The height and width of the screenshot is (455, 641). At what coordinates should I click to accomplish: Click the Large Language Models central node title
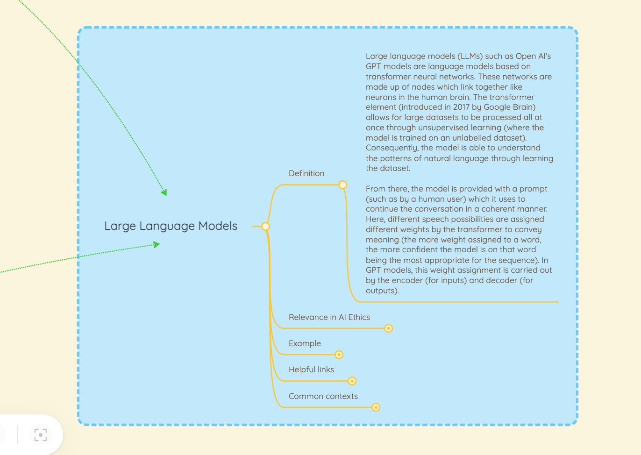pyautogui.click(x=171, y=226)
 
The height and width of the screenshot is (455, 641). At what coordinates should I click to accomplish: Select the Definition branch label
pyautogui.click(x=306, y=173)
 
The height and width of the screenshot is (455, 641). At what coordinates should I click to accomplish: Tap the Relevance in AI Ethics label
pyautogui.click(x=329, y=317)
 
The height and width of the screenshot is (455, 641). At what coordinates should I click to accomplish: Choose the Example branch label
pyautogui.click(x=305, y=343)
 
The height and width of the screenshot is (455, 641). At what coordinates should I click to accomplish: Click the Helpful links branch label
pyautogui.click(x=311, y=370)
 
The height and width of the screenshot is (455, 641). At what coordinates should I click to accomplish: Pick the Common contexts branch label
pyautogui.click(x=323, y=396)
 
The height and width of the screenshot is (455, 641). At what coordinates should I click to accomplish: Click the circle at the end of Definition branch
pyautogui.click(x=342, y=185)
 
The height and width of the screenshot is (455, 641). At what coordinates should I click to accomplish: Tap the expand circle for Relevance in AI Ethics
pyautogui.click(x=388, y=328)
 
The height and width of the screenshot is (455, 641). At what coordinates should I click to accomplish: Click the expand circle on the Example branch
pyautogui.click(x=339, y=355)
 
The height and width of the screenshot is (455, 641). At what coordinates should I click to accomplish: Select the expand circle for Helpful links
pyautogui.click(x=352, y=381)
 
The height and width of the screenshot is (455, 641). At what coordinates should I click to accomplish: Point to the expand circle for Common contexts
pyautogui.click(x=376, y=407)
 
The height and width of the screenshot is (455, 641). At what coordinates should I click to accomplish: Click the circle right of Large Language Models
pyautogui.click(x=265, y=227)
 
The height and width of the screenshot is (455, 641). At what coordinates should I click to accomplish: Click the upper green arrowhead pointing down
pyautogui.click(x=164, y=192)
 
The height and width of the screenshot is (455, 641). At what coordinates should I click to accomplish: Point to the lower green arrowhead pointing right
pyautogui.click(x=157, y=244)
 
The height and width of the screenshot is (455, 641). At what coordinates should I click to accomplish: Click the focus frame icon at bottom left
pyautogui.click(x=41, y=435)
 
